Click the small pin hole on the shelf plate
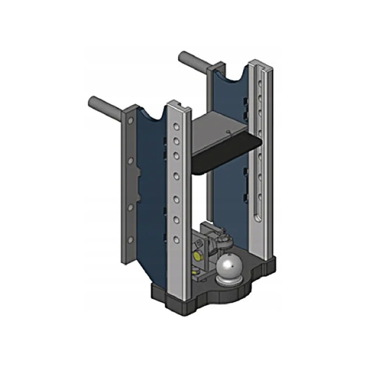(228, 132)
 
